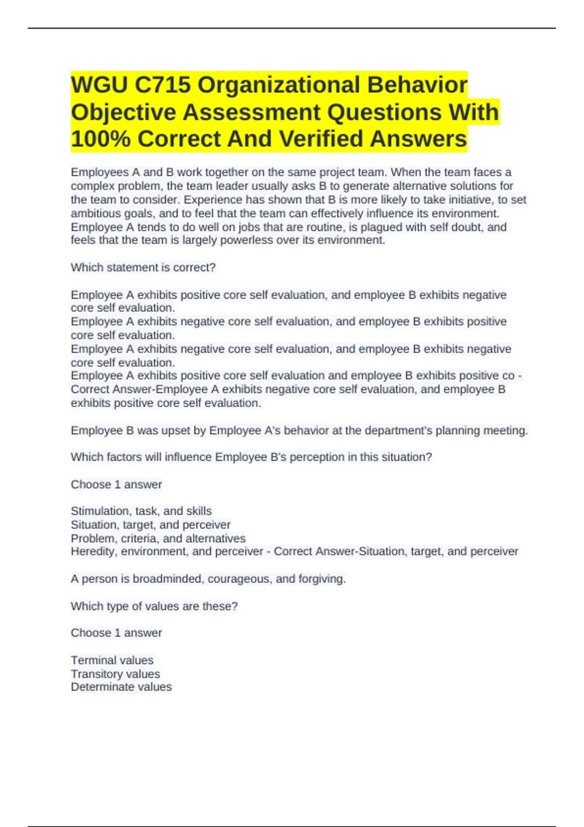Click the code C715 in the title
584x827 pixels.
pyautogui.click(x=163, y=85)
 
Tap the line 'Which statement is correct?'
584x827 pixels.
pyautogui.click(x=143, y=268)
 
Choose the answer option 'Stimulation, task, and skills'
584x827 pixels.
pyautogui.click(x=141, y=511)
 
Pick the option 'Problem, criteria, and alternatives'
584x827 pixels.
pyautogui.click(x=158, y=539)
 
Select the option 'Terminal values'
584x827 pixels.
pyautogui.click(x=112, y=660)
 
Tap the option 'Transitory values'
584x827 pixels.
pyautogui.click(x=115, y=674)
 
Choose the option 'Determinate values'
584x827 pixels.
pyautogui.click(x=121, y=687)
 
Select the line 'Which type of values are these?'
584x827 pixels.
pyautogui.click(x=154, y=606)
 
